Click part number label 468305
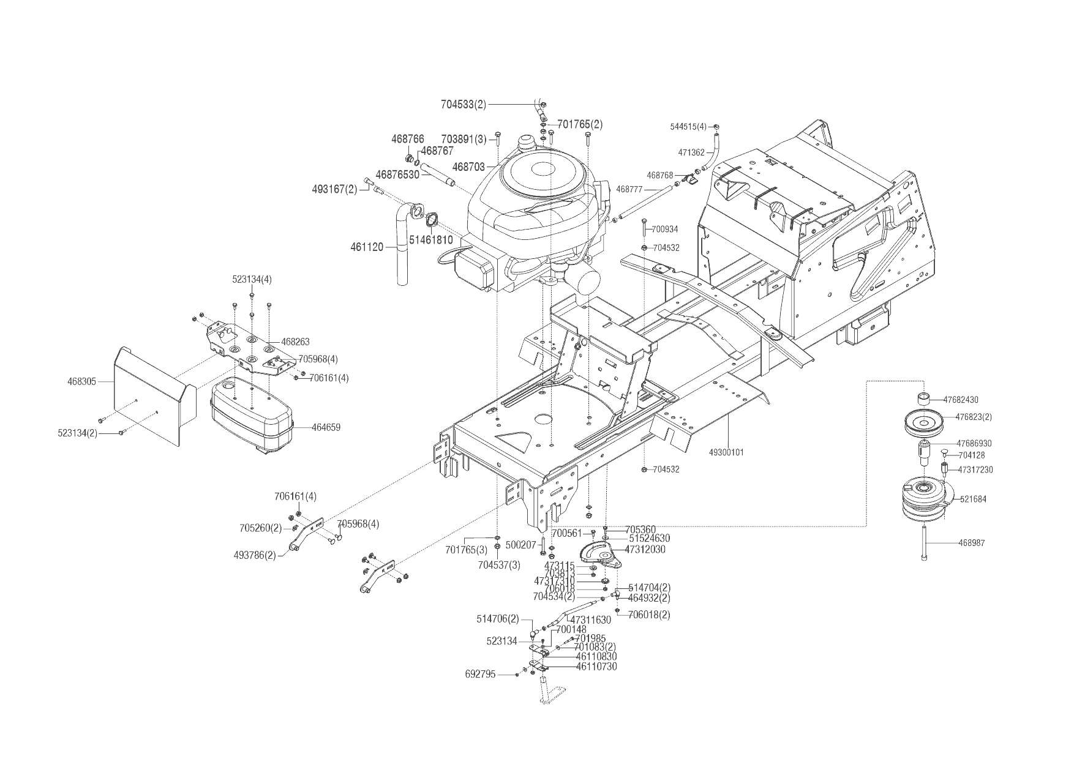[81, 381]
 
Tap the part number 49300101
[726, 452]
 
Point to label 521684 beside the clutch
[973, 499]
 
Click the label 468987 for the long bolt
[972, 543]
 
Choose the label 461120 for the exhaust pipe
[367, 247]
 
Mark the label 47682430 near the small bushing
[961, 400]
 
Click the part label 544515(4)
[689, 127]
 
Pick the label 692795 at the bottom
[480, 675]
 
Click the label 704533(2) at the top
[464, 105]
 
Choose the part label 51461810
[431, 240]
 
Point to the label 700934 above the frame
[665, 229]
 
